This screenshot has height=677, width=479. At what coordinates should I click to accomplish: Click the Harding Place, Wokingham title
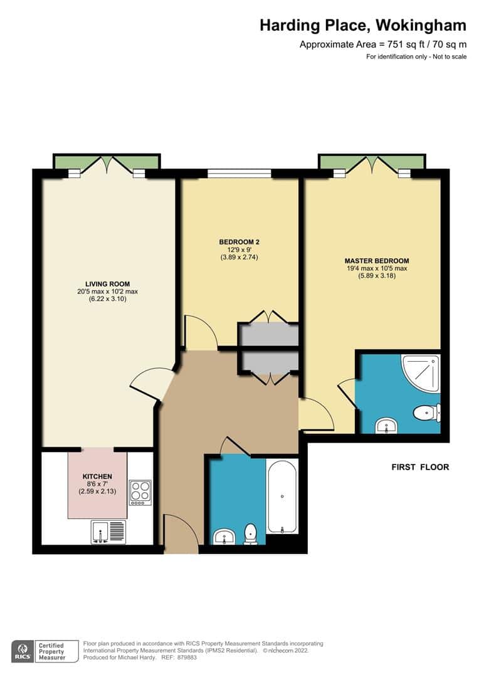point(363,26)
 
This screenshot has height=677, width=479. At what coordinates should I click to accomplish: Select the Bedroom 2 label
point(239,241)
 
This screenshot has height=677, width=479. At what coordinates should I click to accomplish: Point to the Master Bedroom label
point(376,261)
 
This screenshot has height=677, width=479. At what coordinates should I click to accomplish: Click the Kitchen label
point(97,476)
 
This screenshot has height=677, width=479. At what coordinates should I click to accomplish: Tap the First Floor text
point(420,467)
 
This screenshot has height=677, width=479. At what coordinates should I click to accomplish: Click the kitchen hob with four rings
point(140,492)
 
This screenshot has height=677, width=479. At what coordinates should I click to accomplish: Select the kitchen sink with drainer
point(108,532)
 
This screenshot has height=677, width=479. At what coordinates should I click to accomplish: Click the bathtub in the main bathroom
point(282,496)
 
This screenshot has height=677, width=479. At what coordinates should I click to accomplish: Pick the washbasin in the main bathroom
point(224,537)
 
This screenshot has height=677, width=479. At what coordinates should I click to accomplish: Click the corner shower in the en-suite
point(421,374)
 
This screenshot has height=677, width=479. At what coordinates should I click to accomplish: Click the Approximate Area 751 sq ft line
point(383,44)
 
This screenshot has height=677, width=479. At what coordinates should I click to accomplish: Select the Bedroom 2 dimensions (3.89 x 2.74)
point(239,257)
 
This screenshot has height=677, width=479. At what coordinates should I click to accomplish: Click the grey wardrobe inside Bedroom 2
point(269,335)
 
